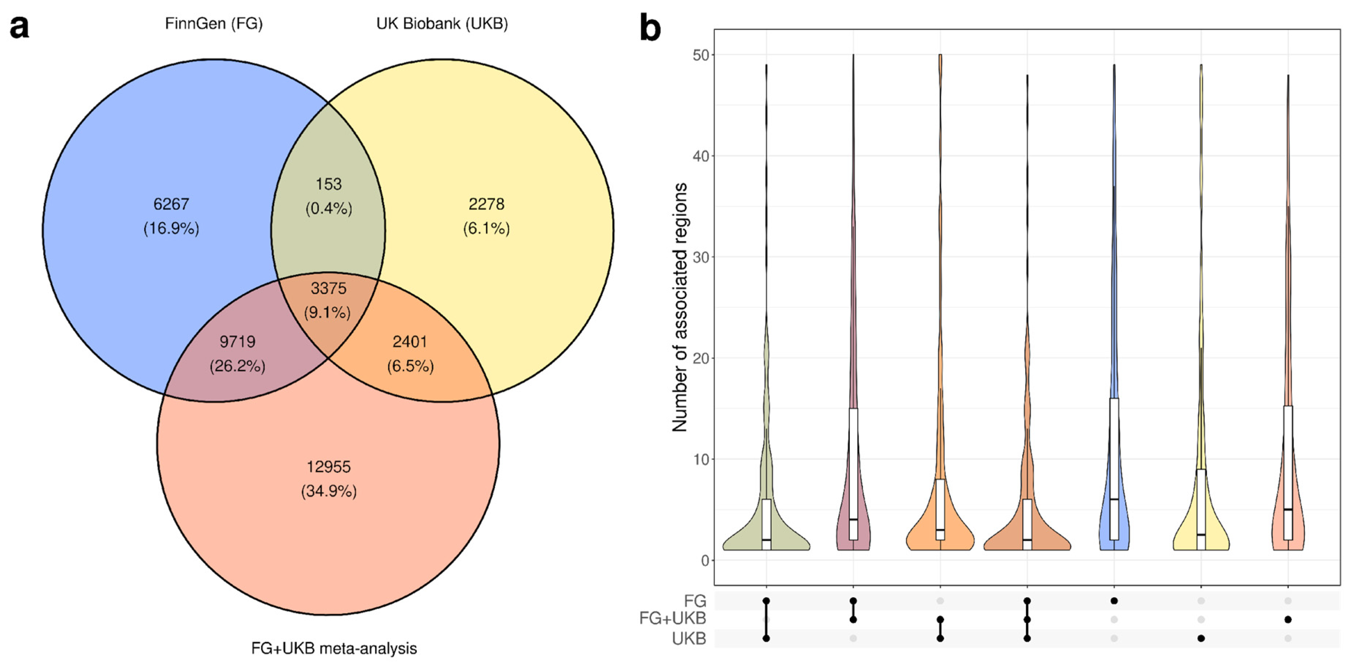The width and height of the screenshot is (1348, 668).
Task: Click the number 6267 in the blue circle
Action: pyautogui.click(x=171, y=204)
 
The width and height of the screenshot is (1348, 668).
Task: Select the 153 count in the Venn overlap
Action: pyautogui.click(x=329, y=184)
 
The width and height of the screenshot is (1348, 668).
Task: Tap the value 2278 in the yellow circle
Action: pyautogui.click(x=486, y=204)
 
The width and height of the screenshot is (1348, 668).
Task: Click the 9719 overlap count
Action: pyautogui.click(x=238, y=342)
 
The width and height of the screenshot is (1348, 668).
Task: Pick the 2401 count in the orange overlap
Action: pyautogui.click(x=410, y=342)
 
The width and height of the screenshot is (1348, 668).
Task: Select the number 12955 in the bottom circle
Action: pyautogui.click(x=329, y=467)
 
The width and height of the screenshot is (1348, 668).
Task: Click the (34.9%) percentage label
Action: pyautogui.click(x=329, y=491)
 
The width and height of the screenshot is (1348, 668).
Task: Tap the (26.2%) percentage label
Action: pyautogui.click(x=238, y=366)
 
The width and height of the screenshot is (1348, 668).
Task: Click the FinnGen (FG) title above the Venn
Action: pyautogui.click(x=214, y=23)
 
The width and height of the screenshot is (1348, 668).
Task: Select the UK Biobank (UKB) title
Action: pyautogui.click(x=442, y=23)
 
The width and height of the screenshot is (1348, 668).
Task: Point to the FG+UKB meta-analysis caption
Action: pyautogui.click(x=334, y=649)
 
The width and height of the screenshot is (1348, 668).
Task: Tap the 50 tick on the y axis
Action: pyautogui.click(x=700, y=55)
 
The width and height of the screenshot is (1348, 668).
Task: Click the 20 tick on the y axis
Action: pyautogui.click(x=700, y=358)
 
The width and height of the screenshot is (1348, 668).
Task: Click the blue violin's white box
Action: pyautogui.click(x=1114, y=468)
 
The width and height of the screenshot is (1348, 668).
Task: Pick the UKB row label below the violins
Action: pyautogui.click(x=689, y=639)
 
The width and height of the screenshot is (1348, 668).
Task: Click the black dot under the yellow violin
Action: pyautogui.click(x=1201, y=638)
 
